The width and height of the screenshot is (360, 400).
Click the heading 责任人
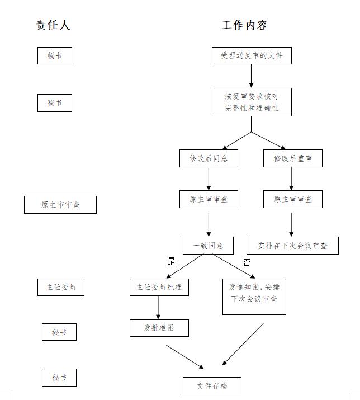[53, 25]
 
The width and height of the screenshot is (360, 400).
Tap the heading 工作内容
[244, 25]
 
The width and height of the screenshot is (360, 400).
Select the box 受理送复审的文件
[252, 55]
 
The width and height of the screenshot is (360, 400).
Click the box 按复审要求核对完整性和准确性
[252, 102]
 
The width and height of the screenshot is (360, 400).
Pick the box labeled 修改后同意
[209, 158]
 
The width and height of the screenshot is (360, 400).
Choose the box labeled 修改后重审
[293, 158]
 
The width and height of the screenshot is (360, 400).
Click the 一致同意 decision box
[208, 246]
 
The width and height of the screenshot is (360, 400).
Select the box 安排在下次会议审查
[292, 246]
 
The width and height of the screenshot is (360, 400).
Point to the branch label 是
[171, 261]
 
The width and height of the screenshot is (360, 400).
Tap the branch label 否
[247, 262]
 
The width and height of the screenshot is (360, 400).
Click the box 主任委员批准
[159, 287]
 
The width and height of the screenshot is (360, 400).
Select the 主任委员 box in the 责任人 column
[61, 287]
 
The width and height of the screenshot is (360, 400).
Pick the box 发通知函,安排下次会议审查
[254, 297]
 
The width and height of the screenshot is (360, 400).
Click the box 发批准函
[159, 328]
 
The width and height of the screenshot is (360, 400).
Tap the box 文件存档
[212, 385]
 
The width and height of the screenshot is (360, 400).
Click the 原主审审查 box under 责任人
[60, 205]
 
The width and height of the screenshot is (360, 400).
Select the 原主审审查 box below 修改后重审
[293, 199]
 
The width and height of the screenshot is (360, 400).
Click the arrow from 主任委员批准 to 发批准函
[158, 307]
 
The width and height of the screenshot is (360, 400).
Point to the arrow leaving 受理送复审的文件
[251, 76]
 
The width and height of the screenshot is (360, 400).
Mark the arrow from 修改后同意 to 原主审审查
[209, 178]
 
